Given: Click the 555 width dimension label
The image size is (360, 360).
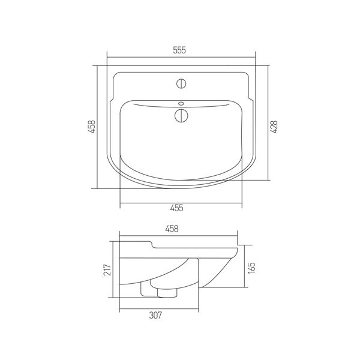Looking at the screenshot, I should [x=181, y=50].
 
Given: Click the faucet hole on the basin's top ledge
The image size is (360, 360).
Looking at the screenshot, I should [x=181, y=82].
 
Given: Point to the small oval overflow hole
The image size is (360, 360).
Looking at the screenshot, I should [x=181, y=102].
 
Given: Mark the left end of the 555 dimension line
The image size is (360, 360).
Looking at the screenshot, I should [x=107, y=58].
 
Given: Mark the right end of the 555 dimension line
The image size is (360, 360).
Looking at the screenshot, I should [x=256, y=58].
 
